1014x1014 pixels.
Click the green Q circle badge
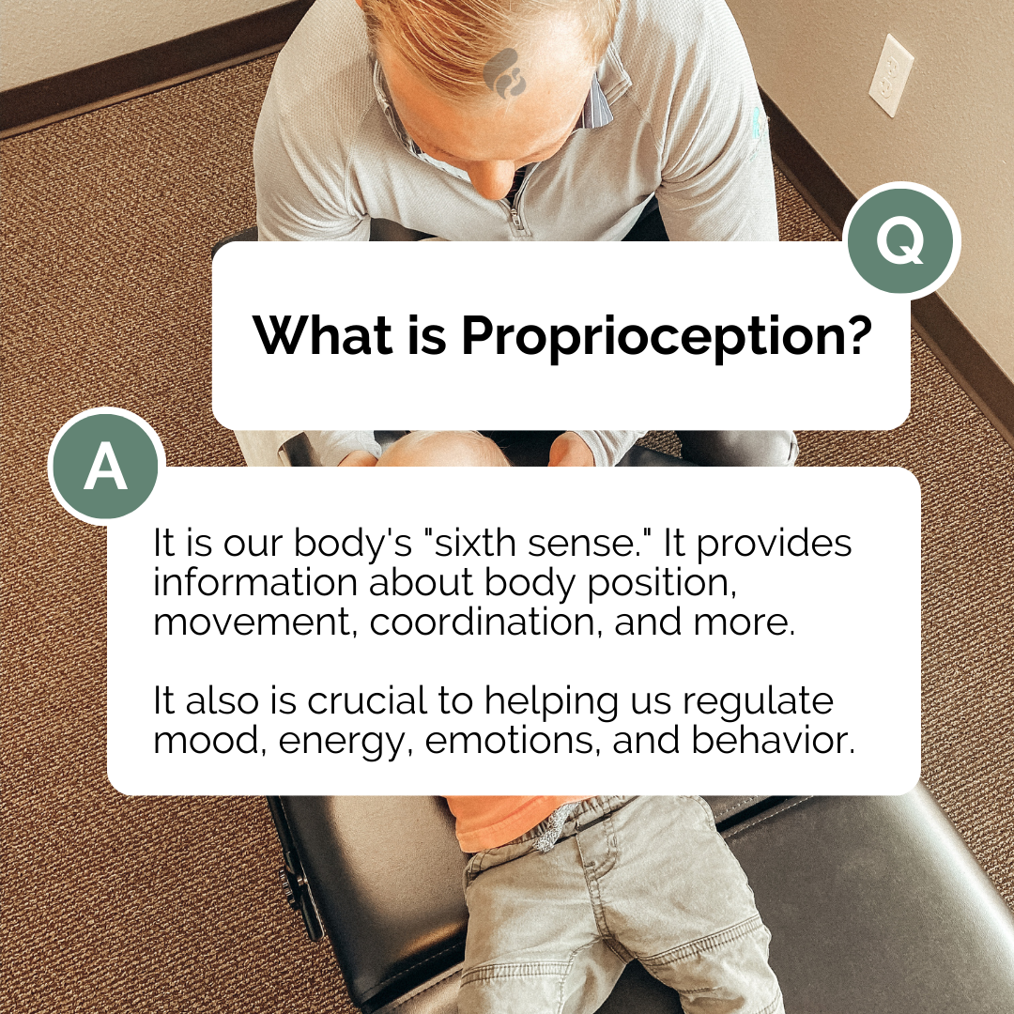(x=902, y=240)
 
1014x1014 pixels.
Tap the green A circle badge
(x=106, y=468)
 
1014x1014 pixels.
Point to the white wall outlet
(x=890, y=76)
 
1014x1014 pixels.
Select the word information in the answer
(x=254, y=583)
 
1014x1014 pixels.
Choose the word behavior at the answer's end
(x=773, y=741)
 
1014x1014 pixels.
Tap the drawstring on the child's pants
(x=552, y=827)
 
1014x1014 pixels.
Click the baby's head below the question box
(x=441, y=449)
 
